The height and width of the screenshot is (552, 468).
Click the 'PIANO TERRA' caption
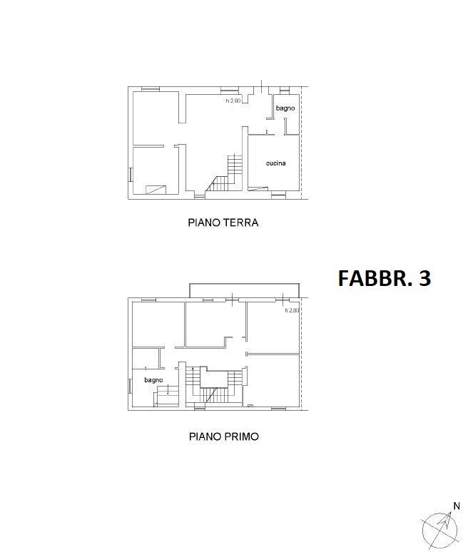223,223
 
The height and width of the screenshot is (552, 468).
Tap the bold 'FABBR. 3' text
384,277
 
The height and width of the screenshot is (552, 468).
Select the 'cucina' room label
275,164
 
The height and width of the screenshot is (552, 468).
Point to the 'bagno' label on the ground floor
285,108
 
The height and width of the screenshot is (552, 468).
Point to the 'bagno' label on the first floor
153,381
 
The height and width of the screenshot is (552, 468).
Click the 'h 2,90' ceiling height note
234,101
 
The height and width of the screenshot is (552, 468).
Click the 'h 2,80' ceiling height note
292,310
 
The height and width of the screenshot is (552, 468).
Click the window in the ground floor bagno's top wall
285,88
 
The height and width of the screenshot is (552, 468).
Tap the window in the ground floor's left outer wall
130,174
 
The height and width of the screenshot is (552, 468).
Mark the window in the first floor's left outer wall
129,386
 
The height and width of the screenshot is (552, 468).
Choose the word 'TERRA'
240,223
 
